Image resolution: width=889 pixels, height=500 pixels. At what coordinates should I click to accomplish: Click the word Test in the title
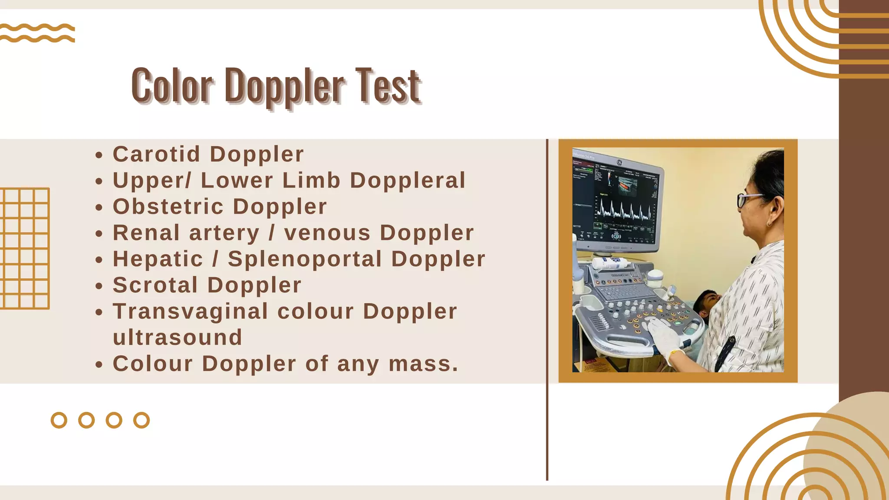tap(388, 86)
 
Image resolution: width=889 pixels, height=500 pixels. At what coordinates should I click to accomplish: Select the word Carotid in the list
tap(157, 154)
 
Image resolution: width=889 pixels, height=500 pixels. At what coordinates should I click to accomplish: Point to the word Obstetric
tap(168, 207)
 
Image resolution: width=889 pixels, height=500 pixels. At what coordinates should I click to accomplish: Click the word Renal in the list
tap(146, 233)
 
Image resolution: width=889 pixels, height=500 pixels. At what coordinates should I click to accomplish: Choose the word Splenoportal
tap(305, 259)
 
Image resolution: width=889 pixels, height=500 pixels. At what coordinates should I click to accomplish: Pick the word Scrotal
tap(155, 285)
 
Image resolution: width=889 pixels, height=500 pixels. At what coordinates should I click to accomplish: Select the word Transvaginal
tap(191, 311)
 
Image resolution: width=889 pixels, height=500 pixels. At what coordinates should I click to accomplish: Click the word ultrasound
tap(178, 338)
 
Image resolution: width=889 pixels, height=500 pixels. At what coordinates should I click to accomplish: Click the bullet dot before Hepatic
tap(99, 260)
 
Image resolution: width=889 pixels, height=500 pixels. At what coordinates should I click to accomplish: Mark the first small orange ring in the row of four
tap(59, 420)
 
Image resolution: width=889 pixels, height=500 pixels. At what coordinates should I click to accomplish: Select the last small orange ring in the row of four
tap(142, 420)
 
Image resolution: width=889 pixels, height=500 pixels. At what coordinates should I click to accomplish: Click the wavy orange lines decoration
tap(37, 33)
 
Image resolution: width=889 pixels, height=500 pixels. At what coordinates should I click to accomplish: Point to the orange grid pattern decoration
tap(24, 248)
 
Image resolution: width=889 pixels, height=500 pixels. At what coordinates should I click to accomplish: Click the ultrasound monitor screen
tap(616, 197)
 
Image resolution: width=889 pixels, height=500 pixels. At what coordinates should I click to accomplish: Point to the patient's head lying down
tap(706, 303)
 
